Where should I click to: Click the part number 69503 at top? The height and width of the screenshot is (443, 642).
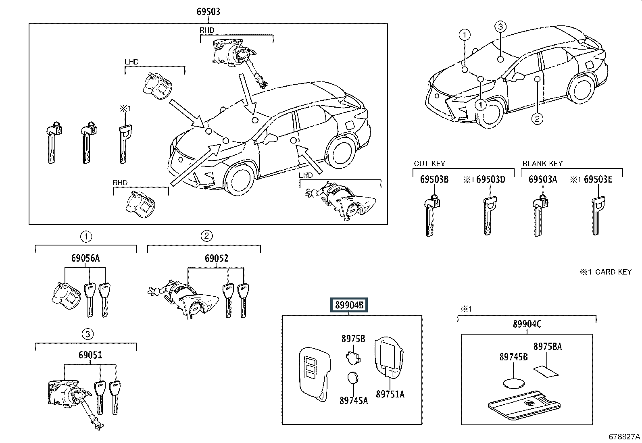(208, 12)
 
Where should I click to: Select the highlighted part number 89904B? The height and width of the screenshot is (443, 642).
(349, 306)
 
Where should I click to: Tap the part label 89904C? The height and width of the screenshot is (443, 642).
(527, 324)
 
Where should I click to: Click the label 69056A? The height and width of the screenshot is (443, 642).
(85, 258)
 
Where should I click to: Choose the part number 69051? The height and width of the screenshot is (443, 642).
(90, 355)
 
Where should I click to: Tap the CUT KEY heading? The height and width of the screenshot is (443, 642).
(429, 164)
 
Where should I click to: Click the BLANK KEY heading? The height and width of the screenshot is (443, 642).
(542, 164)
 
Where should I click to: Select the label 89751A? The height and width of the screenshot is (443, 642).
(390, 394)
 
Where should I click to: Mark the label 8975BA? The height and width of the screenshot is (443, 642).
(547, 346)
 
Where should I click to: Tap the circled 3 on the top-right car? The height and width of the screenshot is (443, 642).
(500, 27)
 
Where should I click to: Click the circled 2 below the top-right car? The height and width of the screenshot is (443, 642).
(537, 119)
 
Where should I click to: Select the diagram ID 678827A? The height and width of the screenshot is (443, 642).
(624, 437)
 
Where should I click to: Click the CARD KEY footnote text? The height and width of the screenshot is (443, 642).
(606, 272)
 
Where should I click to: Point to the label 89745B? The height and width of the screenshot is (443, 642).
(513, 357)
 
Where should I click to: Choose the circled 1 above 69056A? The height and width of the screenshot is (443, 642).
(85, 236)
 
